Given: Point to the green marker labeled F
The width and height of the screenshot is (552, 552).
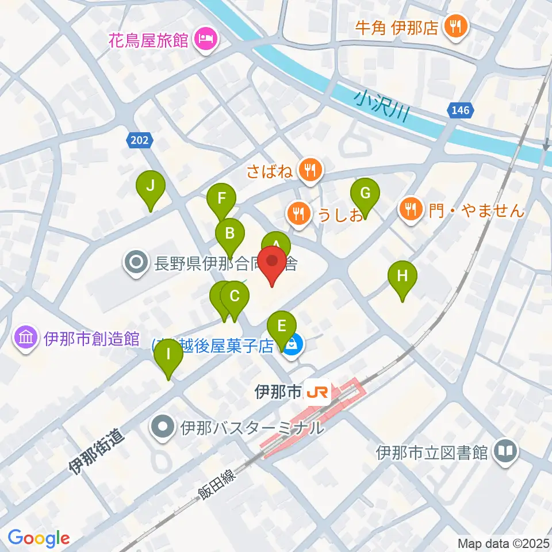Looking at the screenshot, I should [221, 200].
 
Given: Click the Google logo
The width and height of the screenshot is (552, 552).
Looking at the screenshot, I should [39, 538].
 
